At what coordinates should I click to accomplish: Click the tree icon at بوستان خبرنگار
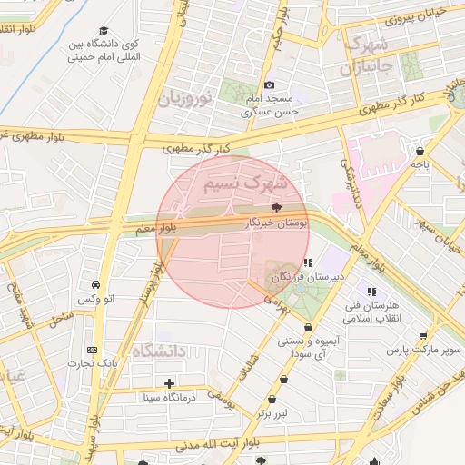coord(277,207)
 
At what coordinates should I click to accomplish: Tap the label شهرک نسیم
coord(244,184)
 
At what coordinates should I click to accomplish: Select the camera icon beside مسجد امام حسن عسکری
coord(270,85)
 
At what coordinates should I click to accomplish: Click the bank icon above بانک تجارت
coord(92,350)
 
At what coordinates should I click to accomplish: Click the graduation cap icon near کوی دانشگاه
coord(103,30)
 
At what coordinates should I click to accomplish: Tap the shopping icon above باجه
coord(419,151)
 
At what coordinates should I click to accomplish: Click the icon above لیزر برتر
coord(272,401)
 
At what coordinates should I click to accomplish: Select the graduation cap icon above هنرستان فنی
coord(373,292)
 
